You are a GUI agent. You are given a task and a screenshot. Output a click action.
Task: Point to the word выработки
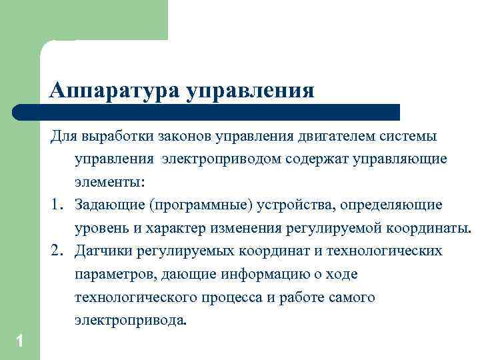point(116,137)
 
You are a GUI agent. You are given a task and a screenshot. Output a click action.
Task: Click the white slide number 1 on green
point(20,341)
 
